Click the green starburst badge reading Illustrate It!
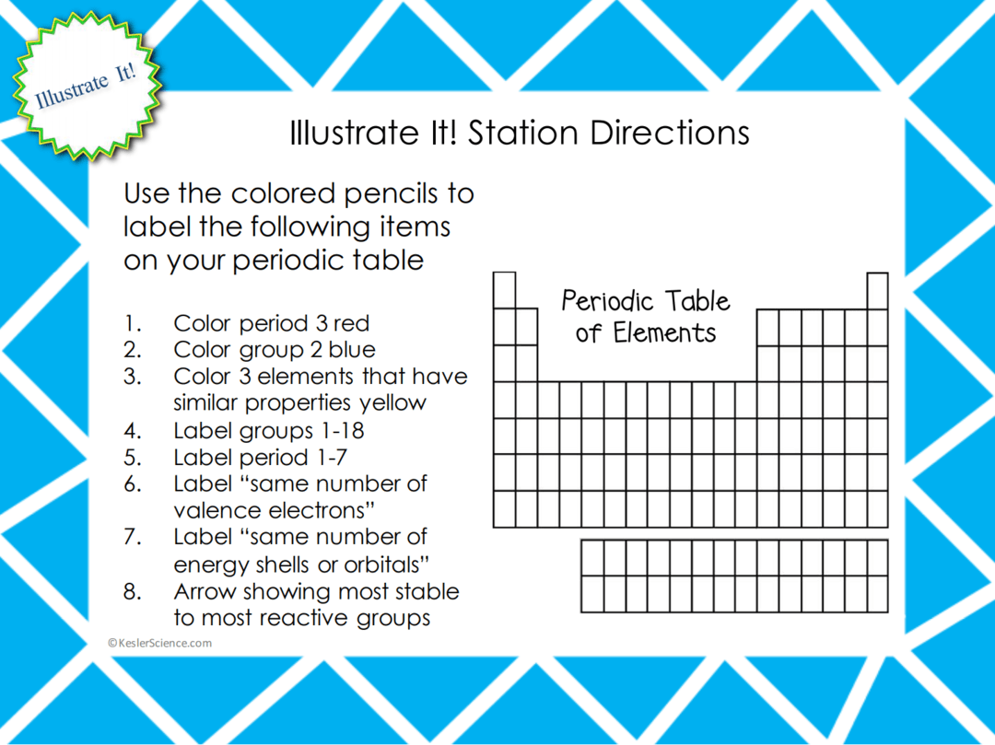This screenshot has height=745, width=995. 86,86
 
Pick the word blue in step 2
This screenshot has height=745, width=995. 353,350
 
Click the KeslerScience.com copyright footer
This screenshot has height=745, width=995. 159,643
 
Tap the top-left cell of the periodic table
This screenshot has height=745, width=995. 504,290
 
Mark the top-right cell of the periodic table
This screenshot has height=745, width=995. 878,290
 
